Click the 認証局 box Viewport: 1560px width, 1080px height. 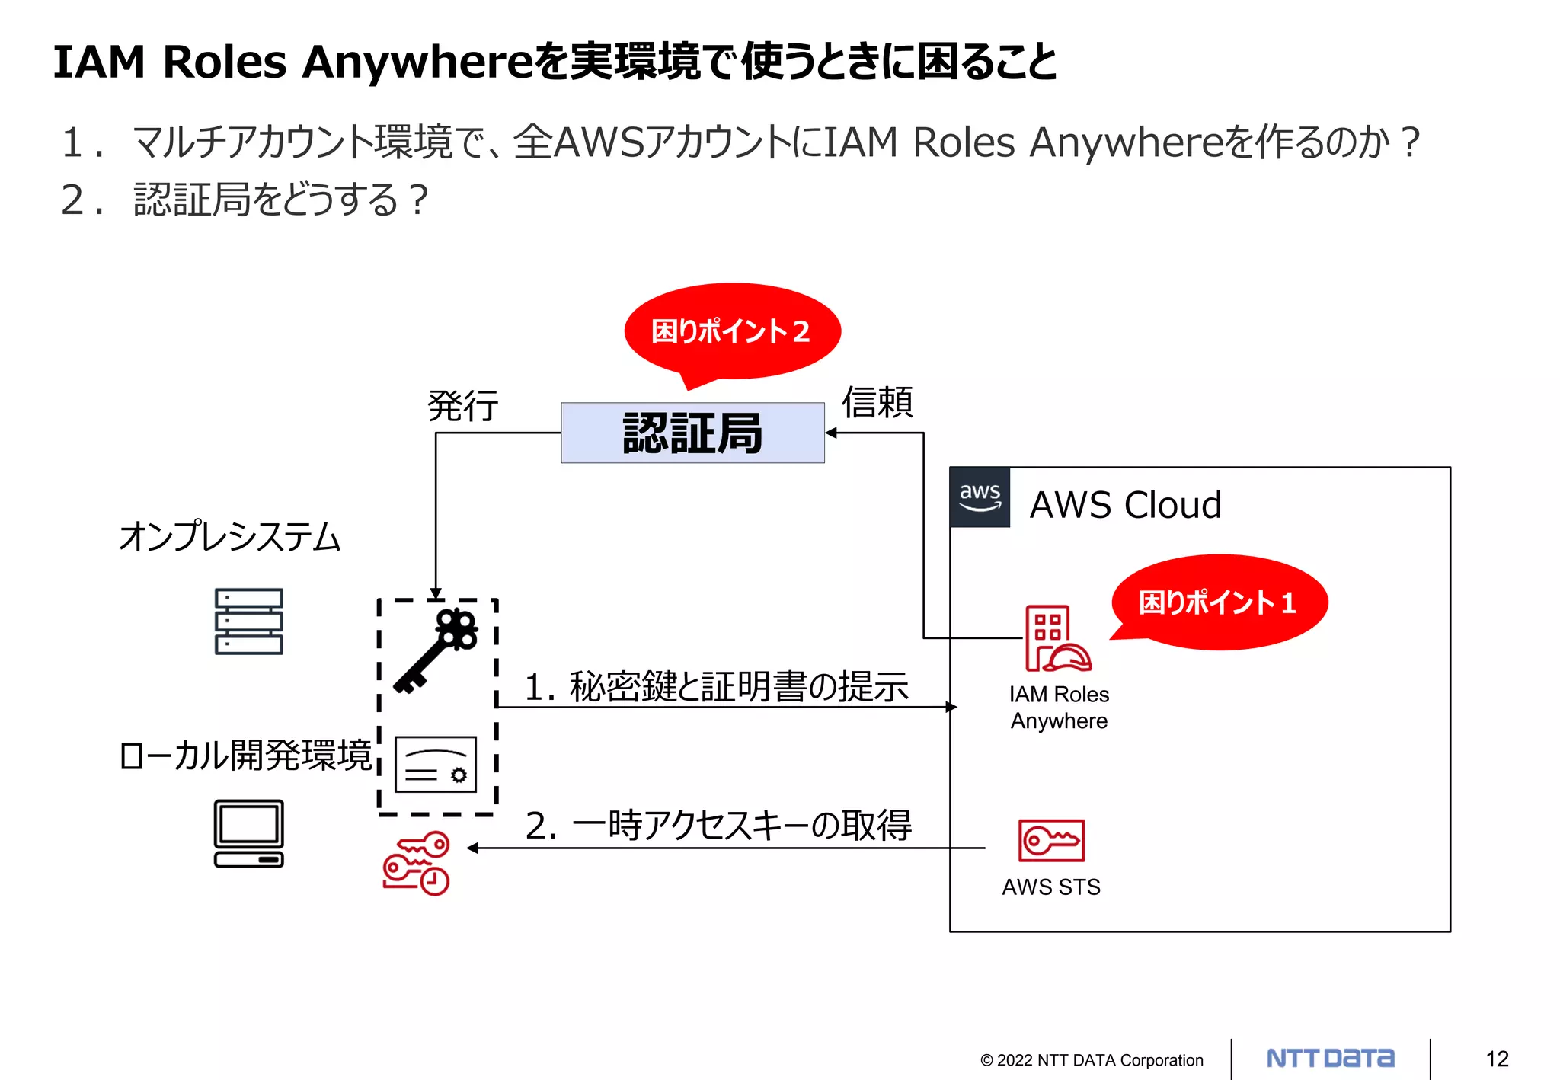(x=692, y=433)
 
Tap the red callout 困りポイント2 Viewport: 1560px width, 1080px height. (x=731, y=331)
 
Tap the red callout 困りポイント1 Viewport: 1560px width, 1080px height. (x=1219, y=602)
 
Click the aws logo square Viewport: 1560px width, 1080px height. (x=980, y=497)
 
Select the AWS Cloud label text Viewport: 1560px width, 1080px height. (x=1125, y=505)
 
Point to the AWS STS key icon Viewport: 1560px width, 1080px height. (x=1051, y=840)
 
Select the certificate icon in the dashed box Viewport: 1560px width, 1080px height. (x=436, y=764)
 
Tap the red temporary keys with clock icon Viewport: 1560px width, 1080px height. (x=417, y=863)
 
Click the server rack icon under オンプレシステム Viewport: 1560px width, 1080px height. (x=248, y=621)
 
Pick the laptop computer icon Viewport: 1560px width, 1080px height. (x=248, y=833)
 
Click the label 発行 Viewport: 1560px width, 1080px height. (x=462, y=406)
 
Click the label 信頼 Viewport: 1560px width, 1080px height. (x=877, y=402)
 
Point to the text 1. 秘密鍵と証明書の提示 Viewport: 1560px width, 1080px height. (x=716, y=686)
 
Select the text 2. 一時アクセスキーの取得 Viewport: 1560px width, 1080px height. (x=718, y=826)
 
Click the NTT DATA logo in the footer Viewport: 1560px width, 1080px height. (x=1330, y=1058)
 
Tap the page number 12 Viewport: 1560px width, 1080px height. (x=1497, y=1059)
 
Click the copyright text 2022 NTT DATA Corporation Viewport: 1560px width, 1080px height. (x=1092, y=1060)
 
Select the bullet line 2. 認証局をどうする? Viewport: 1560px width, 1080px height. (x=245, y=200)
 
